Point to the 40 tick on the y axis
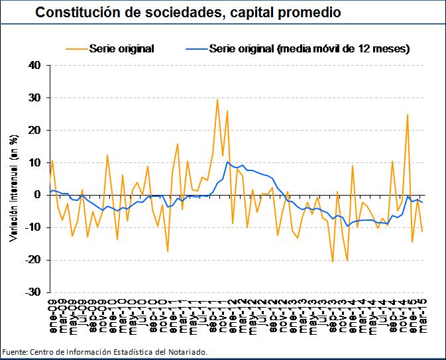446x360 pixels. point(34,66)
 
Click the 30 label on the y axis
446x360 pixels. point(34,98)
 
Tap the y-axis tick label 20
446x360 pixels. point(34,131)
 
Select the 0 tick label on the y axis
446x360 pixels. point(38,195)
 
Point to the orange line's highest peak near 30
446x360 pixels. point(217,99)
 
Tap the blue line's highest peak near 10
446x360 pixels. point(227,162)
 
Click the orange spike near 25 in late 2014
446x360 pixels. point(408,115)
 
